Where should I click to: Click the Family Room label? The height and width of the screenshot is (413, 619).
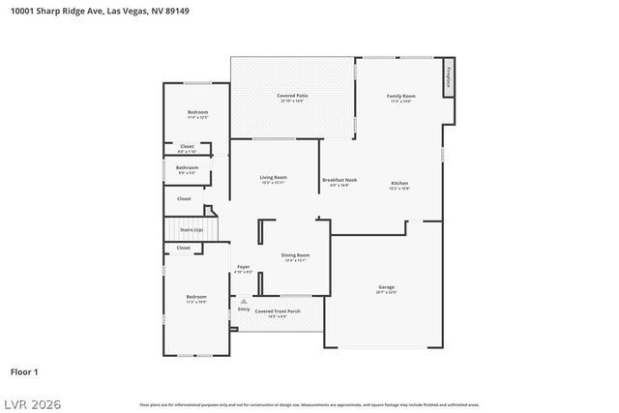click(x=400, y=97)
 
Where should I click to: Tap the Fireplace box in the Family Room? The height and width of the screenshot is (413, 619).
click(x=449, y=78)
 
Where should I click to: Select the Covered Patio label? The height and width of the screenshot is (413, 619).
click(x=292, y=96)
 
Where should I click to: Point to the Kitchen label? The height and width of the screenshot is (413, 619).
click(x=399, y=184)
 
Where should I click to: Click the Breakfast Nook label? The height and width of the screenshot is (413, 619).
click(x=339, y=180)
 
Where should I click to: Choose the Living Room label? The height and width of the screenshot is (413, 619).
click(x=273, y=178)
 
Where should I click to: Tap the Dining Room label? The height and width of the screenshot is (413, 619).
click(x=295, y=255)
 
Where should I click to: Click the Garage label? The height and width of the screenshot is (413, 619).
click(x=386, y=287)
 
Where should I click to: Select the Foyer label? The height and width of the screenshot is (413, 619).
click(x=244, y=267)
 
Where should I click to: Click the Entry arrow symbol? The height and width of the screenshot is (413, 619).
click(x=244, y=301)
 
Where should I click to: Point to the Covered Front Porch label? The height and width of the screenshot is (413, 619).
click(x=278, y=311)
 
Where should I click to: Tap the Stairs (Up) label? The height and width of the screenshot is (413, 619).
click(x=192, y=230)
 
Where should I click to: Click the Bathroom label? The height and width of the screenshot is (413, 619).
click(x=187, y=168)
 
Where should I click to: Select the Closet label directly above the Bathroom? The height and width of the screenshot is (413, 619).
click(x=187, y=147)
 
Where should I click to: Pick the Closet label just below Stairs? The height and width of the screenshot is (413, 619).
click(x=184, y=249)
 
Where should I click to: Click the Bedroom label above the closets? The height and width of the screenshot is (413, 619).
click(x=196, y=113)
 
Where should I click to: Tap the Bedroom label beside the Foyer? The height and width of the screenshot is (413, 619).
click(x=195, y=297)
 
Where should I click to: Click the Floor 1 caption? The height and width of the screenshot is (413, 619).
click(x=24, y=371)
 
